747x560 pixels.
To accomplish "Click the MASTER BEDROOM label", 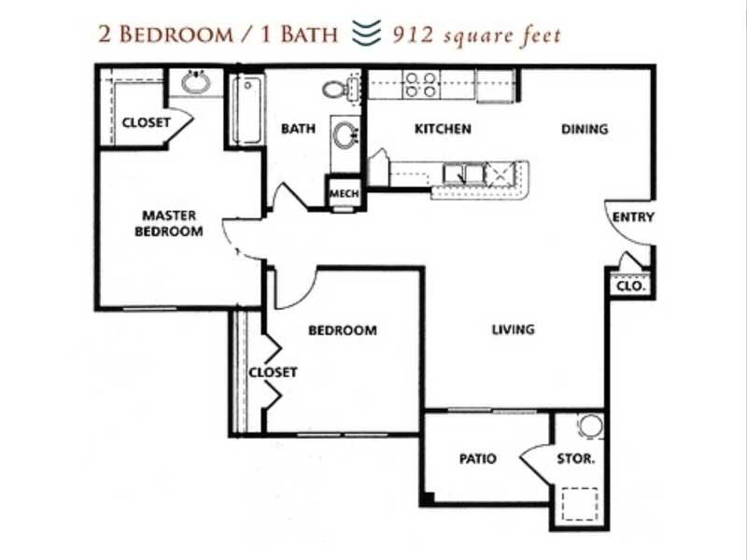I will [169, 223].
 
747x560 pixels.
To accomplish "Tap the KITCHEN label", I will [442, 129].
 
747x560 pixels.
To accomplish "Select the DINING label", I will [585, 129].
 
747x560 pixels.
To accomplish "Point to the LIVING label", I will [513, 329].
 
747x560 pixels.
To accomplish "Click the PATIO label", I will [477, 459].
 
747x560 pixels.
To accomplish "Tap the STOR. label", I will [576, 459].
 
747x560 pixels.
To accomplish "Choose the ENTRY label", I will [632, 217].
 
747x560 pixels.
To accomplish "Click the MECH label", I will [341, 194].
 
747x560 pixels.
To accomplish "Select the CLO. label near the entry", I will [631, 287].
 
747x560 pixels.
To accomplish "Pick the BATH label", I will [298, 129].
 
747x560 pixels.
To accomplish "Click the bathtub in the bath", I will [248, 110].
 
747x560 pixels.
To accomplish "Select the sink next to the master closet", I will [196, 83].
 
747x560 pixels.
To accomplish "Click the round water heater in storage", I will [590, 427].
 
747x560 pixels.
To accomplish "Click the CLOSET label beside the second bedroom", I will [273, 372].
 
